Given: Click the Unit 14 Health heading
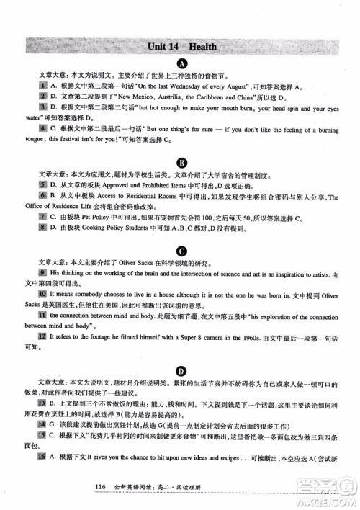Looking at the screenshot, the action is pyautogui.click(x=180, y=47).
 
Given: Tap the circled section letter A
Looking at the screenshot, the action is pyautogui.click(x=182, y=63).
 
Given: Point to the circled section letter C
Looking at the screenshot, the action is pyautogui.click(x=182, y=251).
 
